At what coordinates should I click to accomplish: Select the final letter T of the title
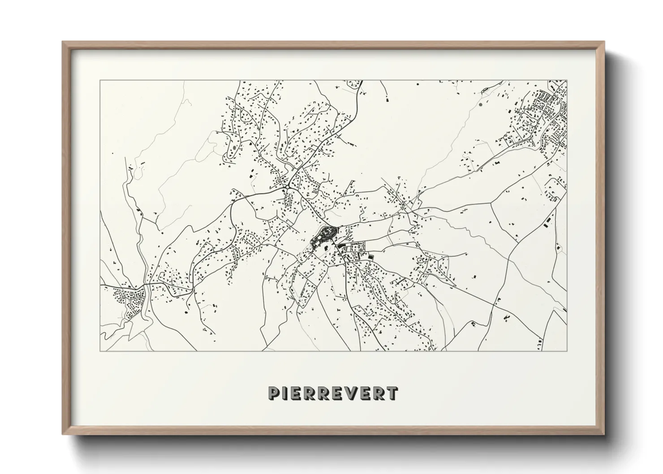[x=392, y=393]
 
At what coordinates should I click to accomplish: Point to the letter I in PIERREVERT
[x=284, y=393]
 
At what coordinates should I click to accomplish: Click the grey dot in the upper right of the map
[x=481, y=104]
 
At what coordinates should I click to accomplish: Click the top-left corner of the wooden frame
[x=63, y=42]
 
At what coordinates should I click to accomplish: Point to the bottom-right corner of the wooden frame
[x=604, y=434]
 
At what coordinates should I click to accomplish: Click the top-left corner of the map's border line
[x=100, y=80]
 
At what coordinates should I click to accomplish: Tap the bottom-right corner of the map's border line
[x=567, y=351]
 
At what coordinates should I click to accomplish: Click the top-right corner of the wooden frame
[x=604, y=42]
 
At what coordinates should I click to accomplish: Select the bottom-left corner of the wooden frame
[x=63, y=434]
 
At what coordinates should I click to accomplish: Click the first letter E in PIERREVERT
[x=295, y=393]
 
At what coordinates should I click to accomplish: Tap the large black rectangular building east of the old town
[x=371, y=257]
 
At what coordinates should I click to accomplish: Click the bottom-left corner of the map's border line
[x=100, y=351]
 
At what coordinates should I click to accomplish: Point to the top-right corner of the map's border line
[x=567, y=80]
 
